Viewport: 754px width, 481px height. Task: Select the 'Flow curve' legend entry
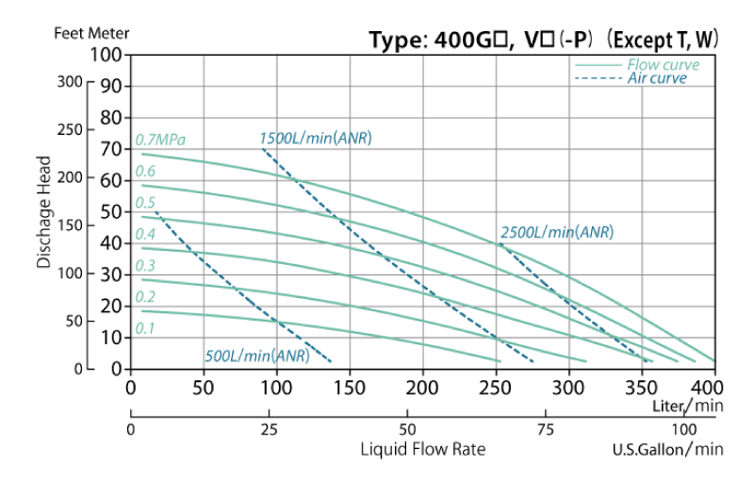tap(663, 65)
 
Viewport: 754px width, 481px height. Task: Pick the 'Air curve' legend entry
tap(657, 78)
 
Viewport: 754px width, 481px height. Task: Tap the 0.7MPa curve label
tap(160, 140)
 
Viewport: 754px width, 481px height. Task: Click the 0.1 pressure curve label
tap(144, 328)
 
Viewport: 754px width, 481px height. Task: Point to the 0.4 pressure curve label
tap(145, 234)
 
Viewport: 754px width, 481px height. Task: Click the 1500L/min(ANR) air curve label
tap(316, 139)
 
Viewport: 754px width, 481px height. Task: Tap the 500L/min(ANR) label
tap(256, 356)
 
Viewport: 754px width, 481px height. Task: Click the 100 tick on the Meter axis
tap(107, 55)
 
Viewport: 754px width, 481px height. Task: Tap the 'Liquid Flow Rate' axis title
tap(423, 449)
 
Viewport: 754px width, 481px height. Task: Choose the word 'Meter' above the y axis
tap(110, 33)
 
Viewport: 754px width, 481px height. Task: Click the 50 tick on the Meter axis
tap(111, 212)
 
